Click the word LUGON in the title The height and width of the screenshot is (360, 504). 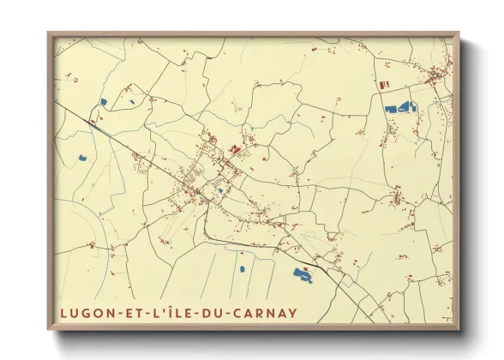click(86, 311)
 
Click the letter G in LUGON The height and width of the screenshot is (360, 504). click(86, 311)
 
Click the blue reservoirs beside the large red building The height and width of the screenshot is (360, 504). click(400, 108)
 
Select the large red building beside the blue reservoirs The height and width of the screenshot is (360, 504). click(383, 85)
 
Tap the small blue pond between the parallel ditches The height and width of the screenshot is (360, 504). click(242, 269)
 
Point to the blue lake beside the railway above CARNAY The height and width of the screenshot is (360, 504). click(303, 274)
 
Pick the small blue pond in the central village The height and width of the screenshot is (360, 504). click(220, 190)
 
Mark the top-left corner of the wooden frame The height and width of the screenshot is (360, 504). click(48, 33)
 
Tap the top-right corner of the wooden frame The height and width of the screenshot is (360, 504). click(459, 33)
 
